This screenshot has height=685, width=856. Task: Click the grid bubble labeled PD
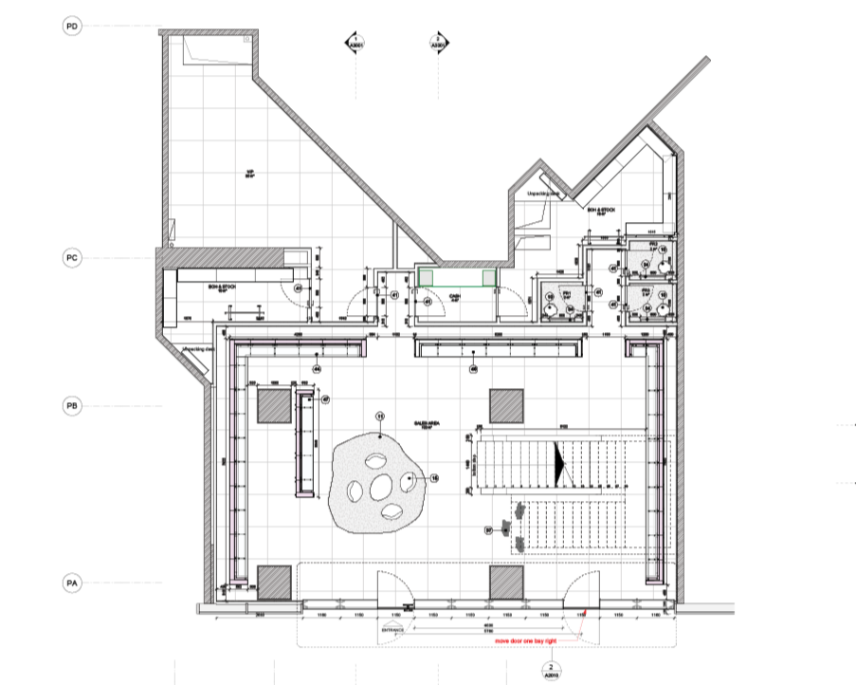pos(72,27)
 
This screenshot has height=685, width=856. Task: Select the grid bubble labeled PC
pos(72,257)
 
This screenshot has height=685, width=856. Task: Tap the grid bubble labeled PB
pos(72,406)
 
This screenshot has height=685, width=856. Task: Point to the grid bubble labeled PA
pos(72,583)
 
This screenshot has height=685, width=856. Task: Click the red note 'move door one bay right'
pos(527,641)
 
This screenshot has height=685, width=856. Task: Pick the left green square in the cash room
pos(428,276)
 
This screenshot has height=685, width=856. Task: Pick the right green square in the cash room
pos(489,276)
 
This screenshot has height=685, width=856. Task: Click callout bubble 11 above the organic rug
pos(381,417)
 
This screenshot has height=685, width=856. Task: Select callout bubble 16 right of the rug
pos(435,478)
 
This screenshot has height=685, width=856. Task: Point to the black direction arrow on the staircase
pos(560,462)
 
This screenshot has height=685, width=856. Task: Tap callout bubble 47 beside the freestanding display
pos(325,400)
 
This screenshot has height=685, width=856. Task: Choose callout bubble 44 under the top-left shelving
pos(318,367)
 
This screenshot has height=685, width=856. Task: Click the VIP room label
pos(251,174)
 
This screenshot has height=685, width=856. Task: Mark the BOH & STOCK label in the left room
pos(221,284)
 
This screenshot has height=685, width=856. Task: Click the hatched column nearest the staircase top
pos(507,404)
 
